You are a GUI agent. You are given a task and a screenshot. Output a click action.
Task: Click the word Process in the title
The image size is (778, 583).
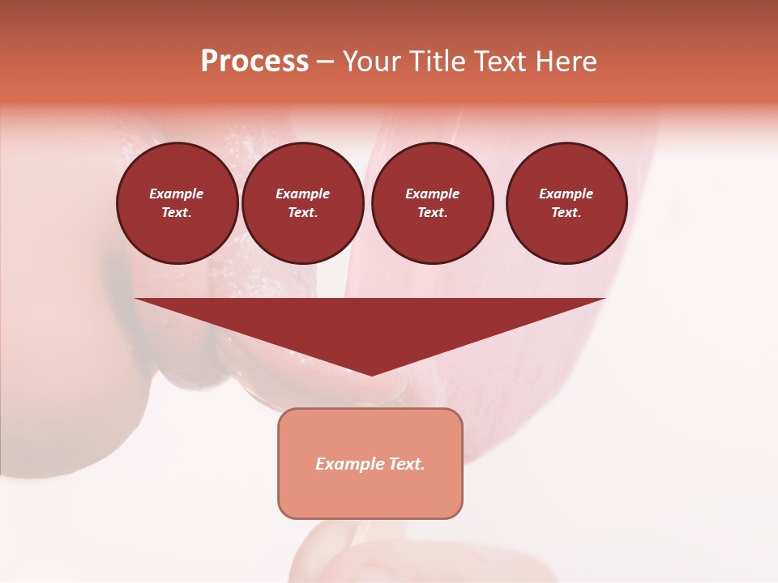(254, 62)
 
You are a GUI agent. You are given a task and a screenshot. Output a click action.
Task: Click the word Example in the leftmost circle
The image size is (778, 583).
(177, 194)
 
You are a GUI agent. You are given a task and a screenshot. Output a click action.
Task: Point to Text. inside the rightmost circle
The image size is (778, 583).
(566, 212)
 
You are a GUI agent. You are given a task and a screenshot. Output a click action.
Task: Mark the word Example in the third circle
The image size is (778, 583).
(432, 194)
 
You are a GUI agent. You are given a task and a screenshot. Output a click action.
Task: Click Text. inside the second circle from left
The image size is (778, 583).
(302, 212)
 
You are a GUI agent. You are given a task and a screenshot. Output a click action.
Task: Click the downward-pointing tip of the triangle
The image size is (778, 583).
(371, 374)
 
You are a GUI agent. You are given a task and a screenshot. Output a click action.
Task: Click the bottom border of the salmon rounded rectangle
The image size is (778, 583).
(370, 517)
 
